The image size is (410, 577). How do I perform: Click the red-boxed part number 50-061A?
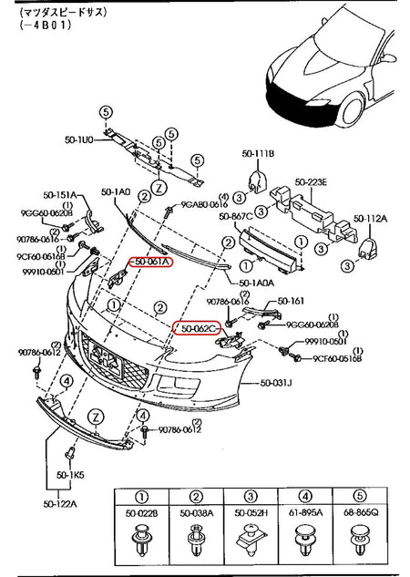(149, 262)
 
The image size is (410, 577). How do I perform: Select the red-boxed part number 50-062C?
(200, 327)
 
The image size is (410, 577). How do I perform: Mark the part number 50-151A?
(61, 195)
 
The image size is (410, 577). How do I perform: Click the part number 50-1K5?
(69, 475)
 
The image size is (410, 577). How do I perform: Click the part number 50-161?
(291, 301)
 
